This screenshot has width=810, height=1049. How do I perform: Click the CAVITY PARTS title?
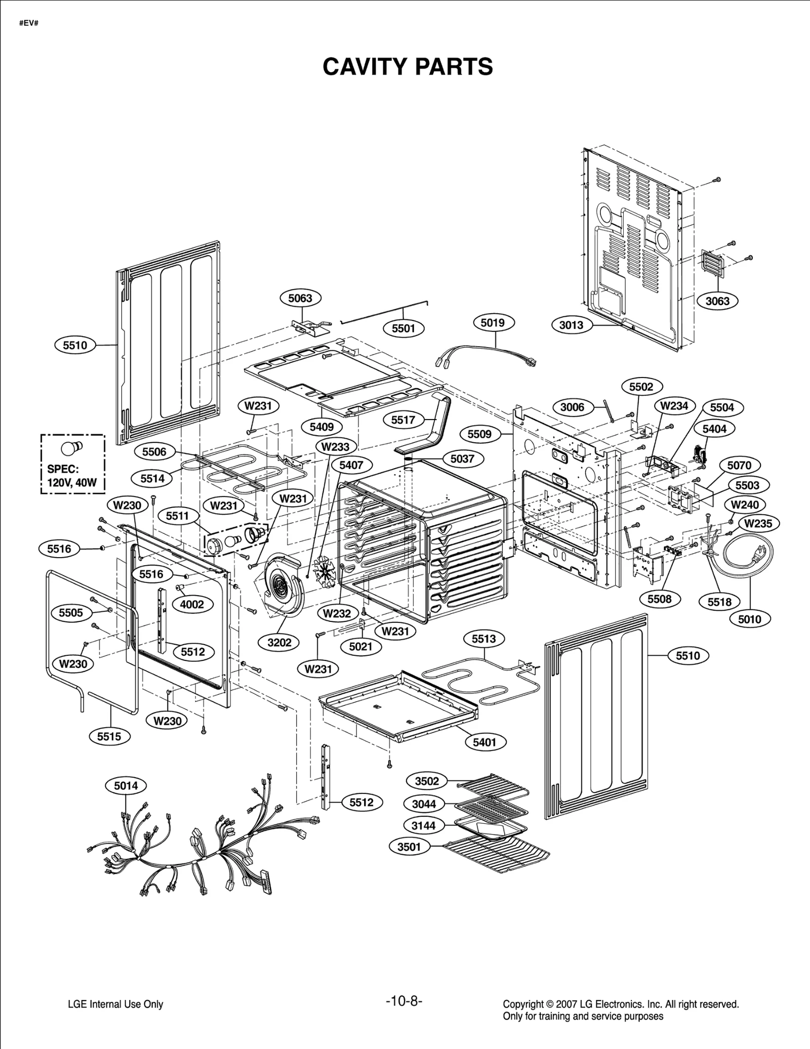click(408, 67)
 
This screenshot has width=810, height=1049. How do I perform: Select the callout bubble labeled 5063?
click(300, 298)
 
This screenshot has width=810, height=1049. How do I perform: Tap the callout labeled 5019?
click(493, 322)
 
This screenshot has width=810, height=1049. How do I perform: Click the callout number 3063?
click(717, 301)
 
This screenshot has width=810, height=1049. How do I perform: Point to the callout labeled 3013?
click(571, 325)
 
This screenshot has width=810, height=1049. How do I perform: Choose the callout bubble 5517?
click(403, 419)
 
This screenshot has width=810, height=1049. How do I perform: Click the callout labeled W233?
click(335, 447)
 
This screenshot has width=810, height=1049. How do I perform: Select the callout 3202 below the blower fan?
click(279, 642)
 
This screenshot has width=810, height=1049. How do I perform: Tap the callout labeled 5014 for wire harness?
click(126, 786)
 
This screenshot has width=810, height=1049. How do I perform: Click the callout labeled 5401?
click(484, 742)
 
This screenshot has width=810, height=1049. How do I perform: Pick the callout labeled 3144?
click(423, 825)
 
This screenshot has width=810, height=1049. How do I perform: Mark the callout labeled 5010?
click(749, 619)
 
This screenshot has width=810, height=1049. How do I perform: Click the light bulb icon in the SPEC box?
click(69, 448)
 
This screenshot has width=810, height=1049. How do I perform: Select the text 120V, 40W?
click(71, 482)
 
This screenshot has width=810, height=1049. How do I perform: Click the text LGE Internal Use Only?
click(115, 1004)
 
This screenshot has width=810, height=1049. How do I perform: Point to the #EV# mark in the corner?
click(29, 24)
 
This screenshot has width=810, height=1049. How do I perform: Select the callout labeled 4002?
click(192, 604)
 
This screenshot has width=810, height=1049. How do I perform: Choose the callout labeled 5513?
click(483, 639)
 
